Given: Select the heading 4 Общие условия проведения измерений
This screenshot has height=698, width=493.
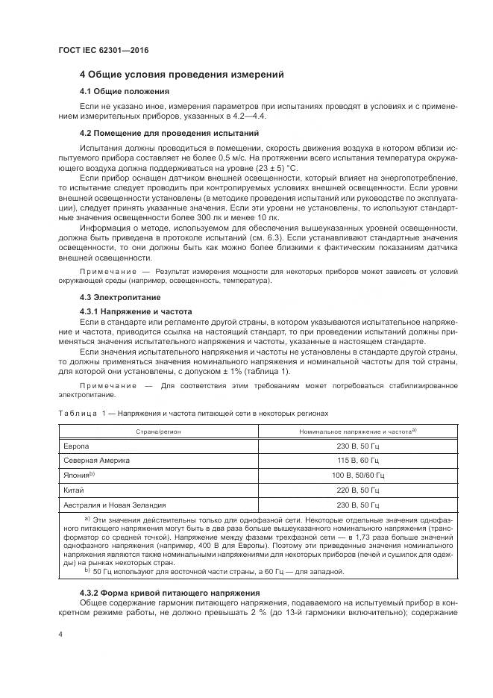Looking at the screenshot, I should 181,75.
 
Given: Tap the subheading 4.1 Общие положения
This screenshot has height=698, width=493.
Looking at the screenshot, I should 125,91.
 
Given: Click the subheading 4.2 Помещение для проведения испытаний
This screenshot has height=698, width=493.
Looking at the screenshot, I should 169,133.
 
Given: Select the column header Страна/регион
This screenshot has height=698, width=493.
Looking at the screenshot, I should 158,431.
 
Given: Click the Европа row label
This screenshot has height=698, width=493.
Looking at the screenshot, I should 77,446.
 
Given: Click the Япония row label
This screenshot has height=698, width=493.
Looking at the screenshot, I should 79,475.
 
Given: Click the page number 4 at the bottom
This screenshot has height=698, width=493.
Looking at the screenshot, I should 60,633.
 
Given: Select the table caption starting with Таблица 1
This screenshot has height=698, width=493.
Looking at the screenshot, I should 192,412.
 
